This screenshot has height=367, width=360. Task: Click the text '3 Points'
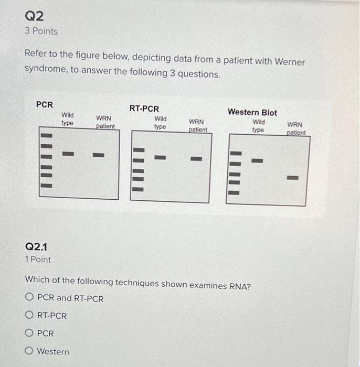click(41, 31)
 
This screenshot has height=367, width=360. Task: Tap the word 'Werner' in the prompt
click(288, 61)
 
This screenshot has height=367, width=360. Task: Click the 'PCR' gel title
click(45, 104)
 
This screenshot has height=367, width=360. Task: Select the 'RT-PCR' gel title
click(144, 109)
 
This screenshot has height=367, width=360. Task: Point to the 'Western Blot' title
click(252, 112)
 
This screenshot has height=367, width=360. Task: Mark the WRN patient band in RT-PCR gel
click(196, 158)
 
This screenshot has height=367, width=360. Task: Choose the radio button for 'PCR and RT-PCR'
click(29, 298)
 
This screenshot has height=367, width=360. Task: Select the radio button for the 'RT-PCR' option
click(29, 315)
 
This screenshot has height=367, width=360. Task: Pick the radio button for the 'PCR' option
click(29, 333)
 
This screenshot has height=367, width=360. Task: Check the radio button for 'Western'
click(29, 351)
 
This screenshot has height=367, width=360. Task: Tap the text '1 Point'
click(38, 260)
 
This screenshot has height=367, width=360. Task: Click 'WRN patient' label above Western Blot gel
click(295, 128)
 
